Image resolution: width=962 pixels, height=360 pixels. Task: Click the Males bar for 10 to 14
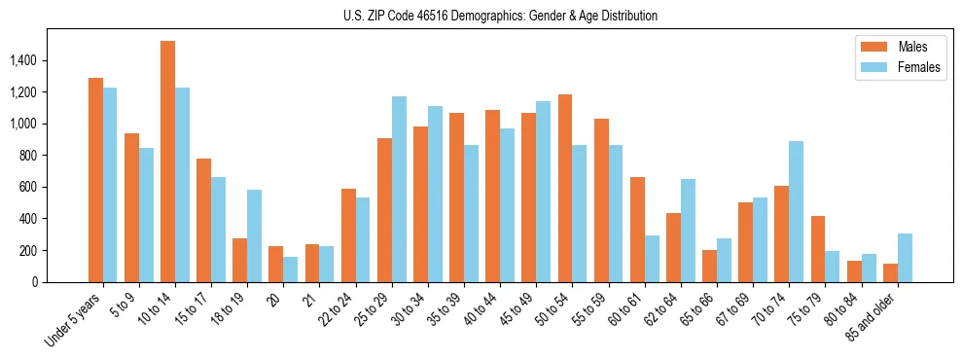point(167,162)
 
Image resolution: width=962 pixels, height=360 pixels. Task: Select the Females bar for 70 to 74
point(797,211)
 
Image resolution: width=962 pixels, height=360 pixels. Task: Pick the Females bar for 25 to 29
point(399,189)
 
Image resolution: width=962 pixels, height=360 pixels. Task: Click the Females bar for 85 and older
point(905,258)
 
